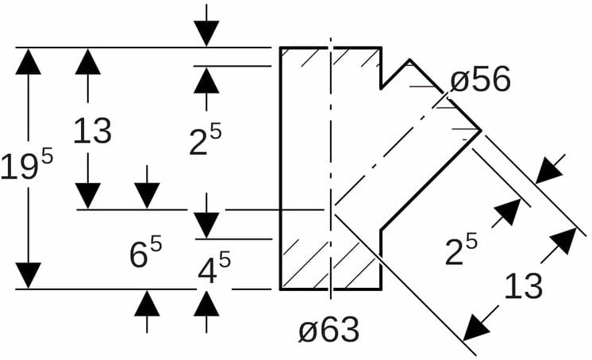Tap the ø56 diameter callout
(480, 80)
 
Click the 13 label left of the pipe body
(91, 131)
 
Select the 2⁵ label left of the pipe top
(205, 141)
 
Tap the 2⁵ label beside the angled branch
(461, 250)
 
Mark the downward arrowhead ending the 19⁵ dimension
(28, 274)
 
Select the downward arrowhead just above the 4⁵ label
(206, 224)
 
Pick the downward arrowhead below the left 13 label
(87, 195)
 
